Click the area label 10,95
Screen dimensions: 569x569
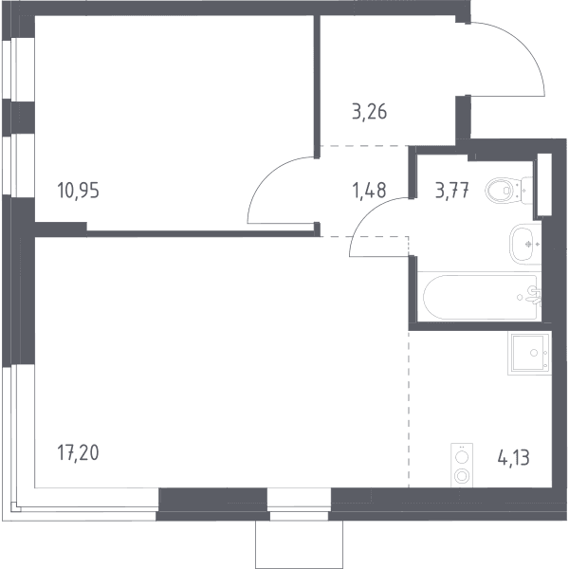pos(78,191)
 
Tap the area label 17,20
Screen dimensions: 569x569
pos(78,453)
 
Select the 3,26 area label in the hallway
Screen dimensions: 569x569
pos(370,111)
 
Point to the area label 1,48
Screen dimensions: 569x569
pos(370,191)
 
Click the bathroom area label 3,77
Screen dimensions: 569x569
pos(452,191)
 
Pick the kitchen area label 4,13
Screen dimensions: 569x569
pos(513,457)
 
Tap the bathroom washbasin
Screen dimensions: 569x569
pos(525,244)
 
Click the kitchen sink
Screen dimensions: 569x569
pos(529,353)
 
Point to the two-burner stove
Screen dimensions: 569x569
pos(462,465)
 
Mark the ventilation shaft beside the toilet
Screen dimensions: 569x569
pos(544,184)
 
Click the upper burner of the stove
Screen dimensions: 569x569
pos(462,457)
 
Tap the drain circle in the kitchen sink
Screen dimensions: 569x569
pos(534,353)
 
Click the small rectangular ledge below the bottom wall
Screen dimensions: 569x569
pos(299,544)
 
